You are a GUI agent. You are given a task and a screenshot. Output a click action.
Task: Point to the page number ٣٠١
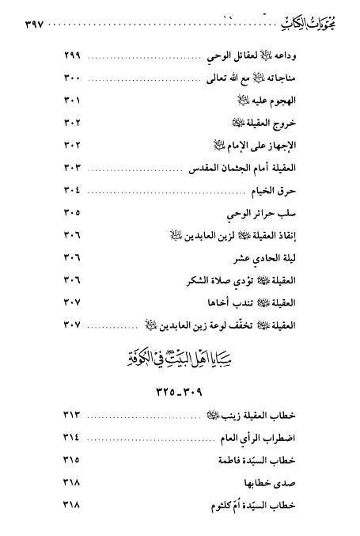72,101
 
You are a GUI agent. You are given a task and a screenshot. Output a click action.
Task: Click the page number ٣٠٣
72,166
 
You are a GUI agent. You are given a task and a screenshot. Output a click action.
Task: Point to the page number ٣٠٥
72,213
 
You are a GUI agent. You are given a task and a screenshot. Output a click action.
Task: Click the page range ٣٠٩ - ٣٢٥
180,391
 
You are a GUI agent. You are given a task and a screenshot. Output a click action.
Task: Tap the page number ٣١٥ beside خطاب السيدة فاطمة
72,459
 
